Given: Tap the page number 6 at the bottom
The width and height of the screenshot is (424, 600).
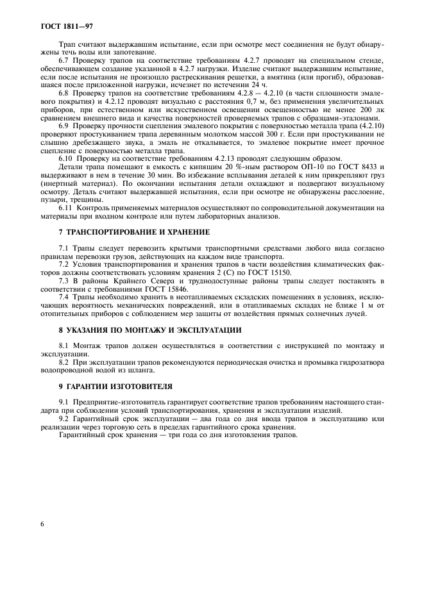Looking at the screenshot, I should (42, 524).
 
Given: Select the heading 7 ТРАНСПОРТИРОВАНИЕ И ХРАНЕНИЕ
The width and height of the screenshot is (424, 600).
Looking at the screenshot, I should (133, 231).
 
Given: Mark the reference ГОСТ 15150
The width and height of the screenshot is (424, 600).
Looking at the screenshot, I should (267, 272).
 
